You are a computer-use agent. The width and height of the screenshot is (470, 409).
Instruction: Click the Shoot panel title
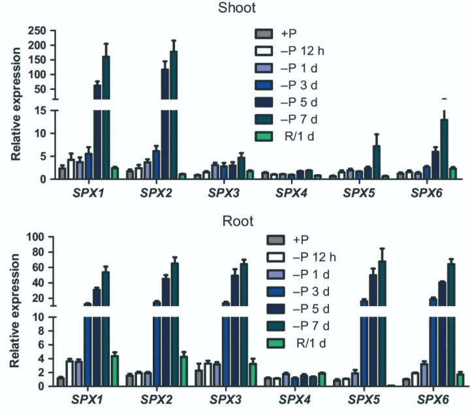point(238,8)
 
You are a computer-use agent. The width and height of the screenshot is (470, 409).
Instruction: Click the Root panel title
point(237,220)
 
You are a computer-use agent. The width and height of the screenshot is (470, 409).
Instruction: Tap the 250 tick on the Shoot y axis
point(37,31)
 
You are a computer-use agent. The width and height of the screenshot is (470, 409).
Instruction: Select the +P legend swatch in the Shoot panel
point(263,33)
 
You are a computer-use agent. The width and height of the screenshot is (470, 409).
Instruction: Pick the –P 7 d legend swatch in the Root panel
point(263,324)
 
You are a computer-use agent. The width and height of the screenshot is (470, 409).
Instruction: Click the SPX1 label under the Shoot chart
point(80,193)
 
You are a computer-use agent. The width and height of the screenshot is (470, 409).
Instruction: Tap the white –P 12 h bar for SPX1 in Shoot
point(71,168)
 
